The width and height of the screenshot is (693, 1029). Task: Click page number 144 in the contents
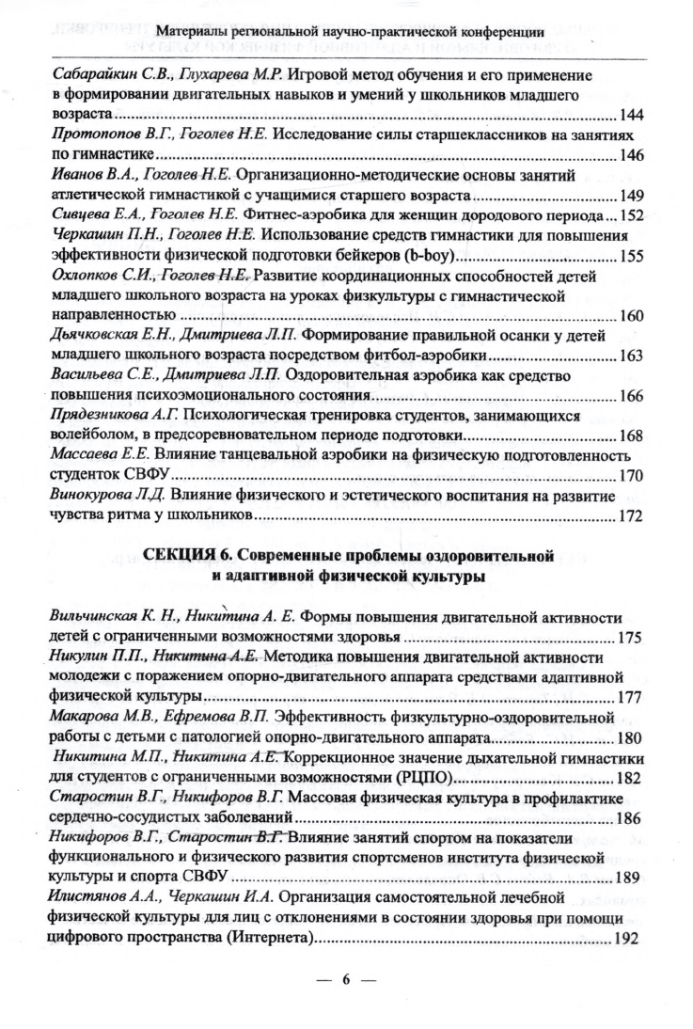[631, 115]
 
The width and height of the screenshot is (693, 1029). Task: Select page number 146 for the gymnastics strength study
[631, 155]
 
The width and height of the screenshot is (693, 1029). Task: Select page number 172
[631, 518]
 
